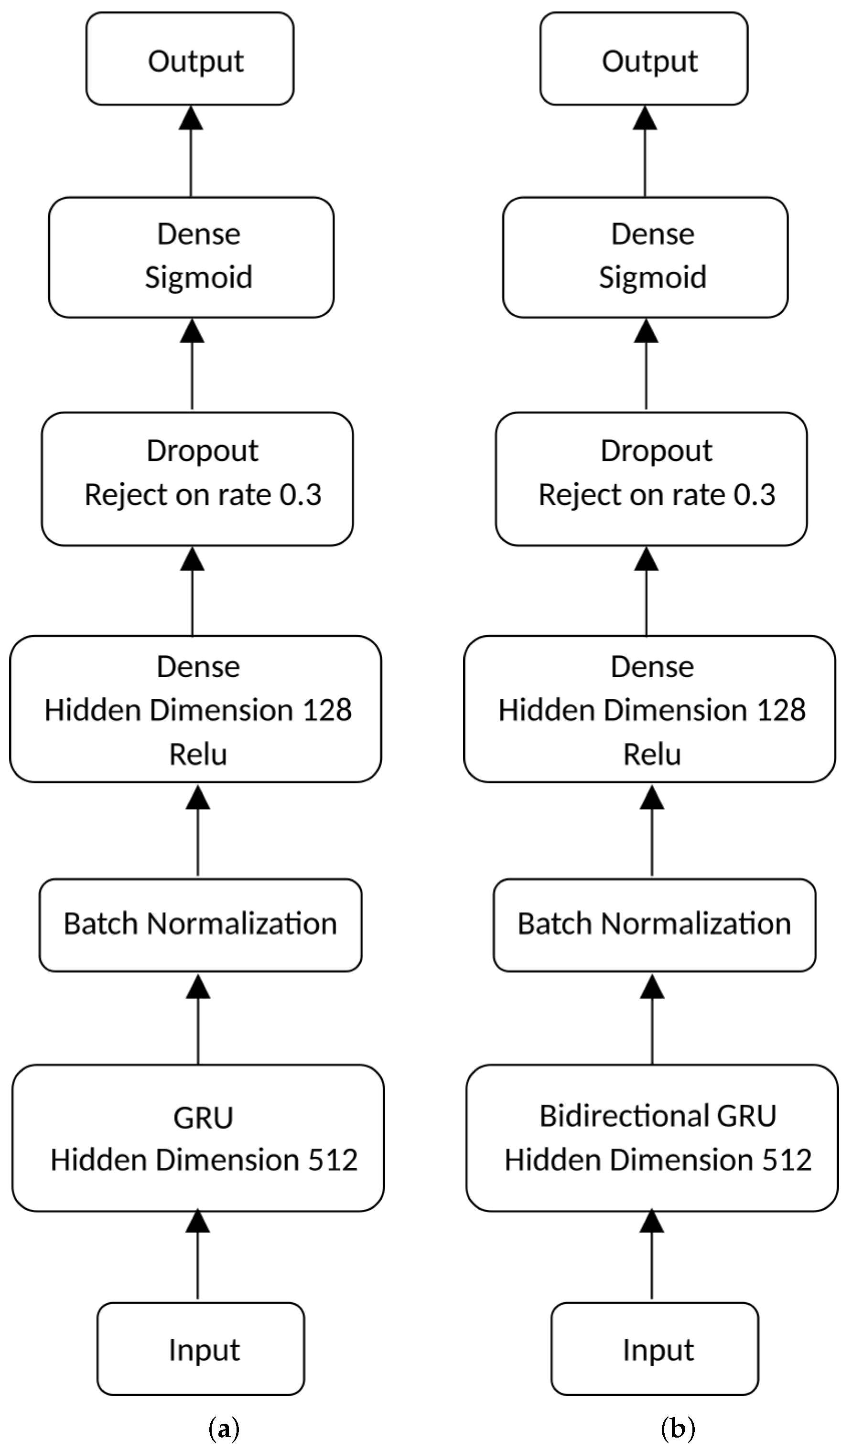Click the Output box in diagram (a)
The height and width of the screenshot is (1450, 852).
[x=190, y=59]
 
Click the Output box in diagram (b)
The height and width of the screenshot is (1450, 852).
[x=644, y=59]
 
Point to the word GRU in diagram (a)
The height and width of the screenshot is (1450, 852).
[x=203, y=1118]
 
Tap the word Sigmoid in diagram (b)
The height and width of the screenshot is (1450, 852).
[x=652, y=277]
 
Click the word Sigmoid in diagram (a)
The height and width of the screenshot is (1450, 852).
[x=199, y=277]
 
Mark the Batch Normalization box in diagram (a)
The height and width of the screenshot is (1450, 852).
[x=200, y=925]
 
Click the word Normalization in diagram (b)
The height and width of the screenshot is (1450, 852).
[x=697, y=924]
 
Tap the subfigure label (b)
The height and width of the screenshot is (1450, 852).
[x=678, y=1429]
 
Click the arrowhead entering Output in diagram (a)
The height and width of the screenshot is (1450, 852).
[x=191, y=117]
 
